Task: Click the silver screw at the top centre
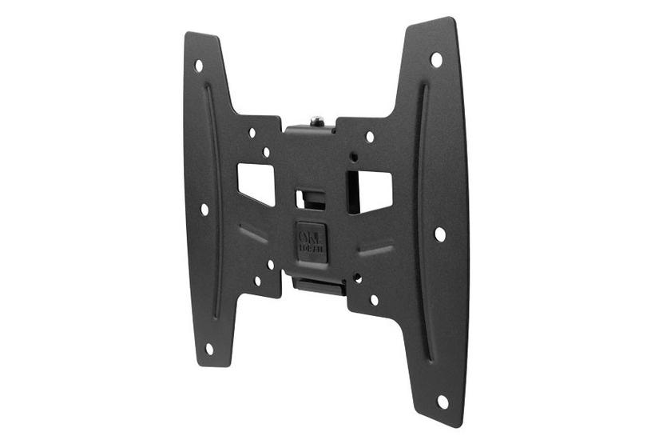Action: [x=317, y=121]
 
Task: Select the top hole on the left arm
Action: [x=199, y=66]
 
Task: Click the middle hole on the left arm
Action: [x=204, y=209]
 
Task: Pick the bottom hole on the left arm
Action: [x=209, y=348]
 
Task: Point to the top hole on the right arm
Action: [x=436, y=59]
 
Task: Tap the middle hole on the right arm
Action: [x=439, y=234]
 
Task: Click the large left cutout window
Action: [x=256, y=183]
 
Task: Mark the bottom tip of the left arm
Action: [x=212, y=364]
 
